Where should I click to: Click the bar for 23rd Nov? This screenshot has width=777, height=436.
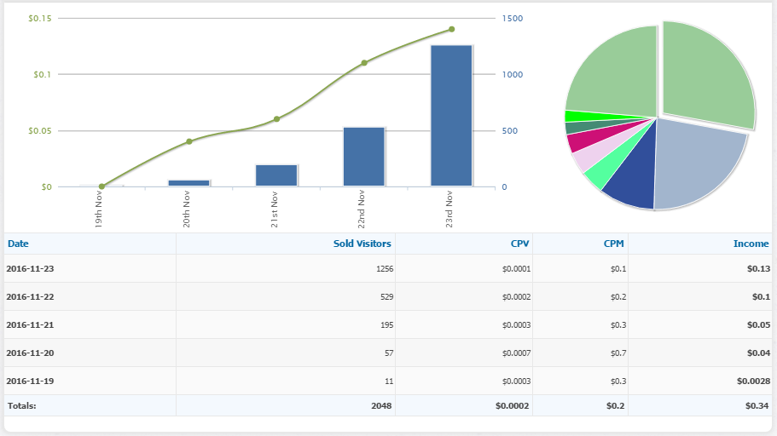451,115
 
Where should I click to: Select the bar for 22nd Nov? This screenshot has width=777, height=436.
364,157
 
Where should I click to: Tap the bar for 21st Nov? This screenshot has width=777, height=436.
276,175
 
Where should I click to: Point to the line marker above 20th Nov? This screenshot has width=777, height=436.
189,141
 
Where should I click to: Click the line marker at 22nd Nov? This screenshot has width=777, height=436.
364,63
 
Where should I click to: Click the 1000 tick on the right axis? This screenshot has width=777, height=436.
512,75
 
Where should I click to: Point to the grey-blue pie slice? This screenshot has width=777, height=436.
694,162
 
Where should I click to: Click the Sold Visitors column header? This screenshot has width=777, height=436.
362,244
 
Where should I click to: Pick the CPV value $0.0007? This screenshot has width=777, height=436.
515,353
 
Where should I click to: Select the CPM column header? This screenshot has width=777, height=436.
613,244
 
